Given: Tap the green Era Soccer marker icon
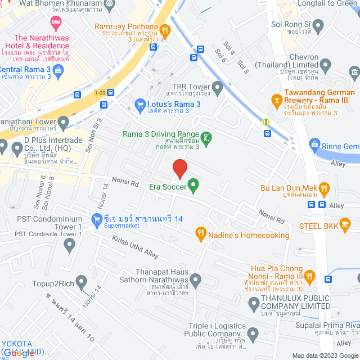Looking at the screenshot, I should pyautogui.click(x=193, y=185).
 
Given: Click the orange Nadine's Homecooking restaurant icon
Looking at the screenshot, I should pyautogui.click(x=200, y=232).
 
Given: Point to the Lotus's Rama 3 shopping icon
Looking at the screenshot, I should pyautogui.click(x=140, y=103).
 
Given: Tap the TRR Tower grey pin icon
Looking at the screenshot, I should pyautogui.click(x=217, y=87).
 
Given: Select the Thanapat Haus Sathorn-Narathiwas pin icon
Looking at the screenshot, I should pyautogui.click(x=195, y=280).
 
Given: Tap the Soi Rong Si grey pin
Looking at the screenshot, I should pyautogui.click(x=318, y=25).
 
